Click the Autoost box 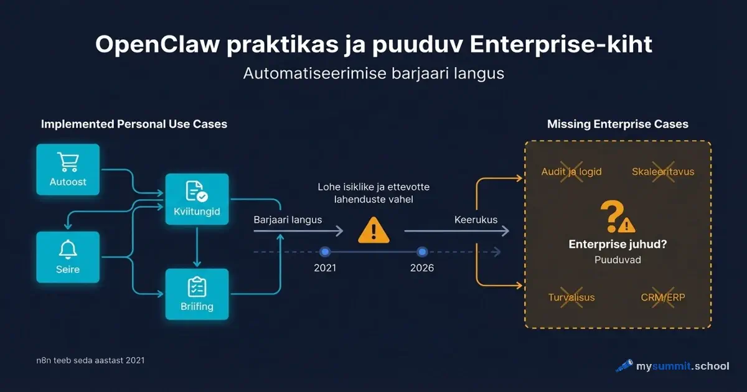[x=68, y=169]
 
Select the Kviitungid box [x=197, y=199]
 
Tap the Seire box [x=68, y=257]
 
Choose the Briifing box [x=197, y=294]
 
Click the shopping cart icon [x=68, y=162]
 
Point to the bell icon [x=68, y=249]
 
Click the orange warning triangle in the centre [x=374, y=231]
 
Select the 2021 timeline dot [x=324, y=252]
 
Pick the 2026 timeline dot [x=422, y=252]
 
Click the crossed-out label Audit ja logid [x=571, y=171]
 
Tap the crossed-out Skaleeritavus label [x=663, y=171]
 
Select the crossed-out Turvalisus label [x=571, y=297]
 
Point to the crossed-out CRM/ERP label [x=663, y=297]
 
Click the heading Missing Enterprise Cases [x=618, y=124]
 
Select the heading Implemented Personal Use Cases [x=134, y=124]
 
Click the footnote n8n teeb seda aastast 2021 [x=90, y=360]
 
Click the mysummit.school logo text [x=682, y=366]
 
